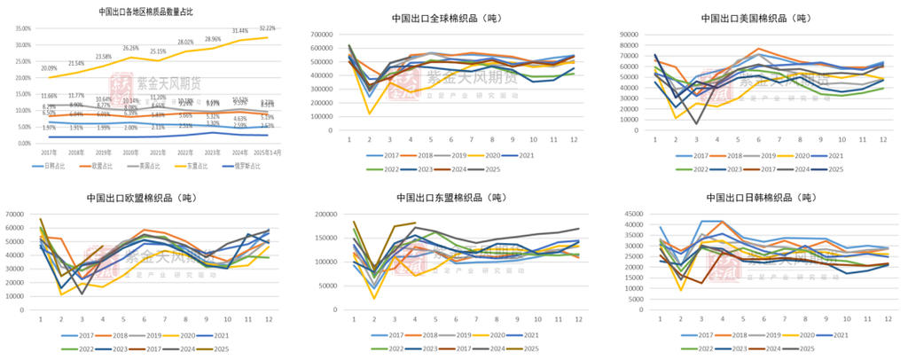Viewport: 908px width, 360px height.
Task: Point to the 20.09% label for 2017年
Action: pyautogui.click(x=48, y=68)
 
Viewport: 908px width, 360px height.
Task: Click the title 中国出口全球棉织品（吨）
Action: pyautogui.click(x=453, y=18)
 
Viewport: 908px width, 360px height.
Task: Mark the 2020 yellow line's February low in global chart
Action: pyautogui.click(x=369, y=113)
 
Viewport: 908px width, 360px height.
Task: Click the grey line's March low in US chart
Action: pyautogui.click(x=696, y=123)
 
